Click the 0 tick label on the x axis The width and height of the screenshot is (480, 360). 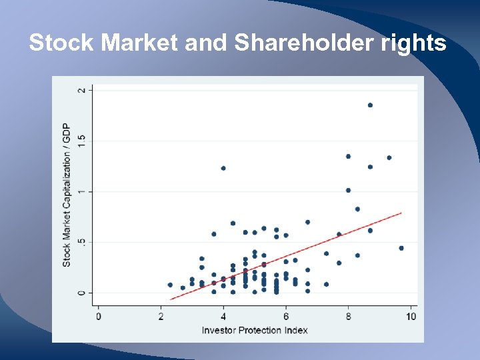[x=99, y=317]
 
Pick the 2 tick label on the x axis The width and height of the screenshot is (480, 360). [x=161, y=317]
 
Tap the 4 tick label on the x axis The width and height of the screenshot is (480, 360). [x=223, y=317]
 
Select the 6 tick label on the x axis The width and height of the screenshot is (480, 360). [x=286, y=317]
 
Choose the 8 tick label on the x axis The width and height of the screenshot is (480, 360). [x=348, y=317]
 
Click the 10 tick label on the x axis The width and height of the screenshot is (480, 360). [x=411, y=317]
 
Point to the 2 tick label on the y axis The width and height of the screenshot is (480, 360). [x=82, y=90]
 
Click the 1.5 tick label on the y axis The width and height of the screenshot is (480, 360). [x=82, y=141]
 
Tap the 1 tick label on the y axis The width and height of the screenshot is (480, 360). [x=82, y=192]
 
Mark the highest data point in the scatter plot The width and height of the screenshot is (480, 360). [x=370, y=105]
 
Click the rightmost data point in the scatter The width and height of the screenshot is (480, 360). [x=401, y=248]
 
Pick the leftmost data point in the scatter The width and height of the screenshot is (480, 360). [x=170, y=285]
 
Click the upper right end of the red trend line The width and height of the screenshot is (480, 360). [x=401, y=213]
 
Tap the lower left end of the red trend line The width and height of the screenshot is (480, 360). [x=171, y=299]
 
